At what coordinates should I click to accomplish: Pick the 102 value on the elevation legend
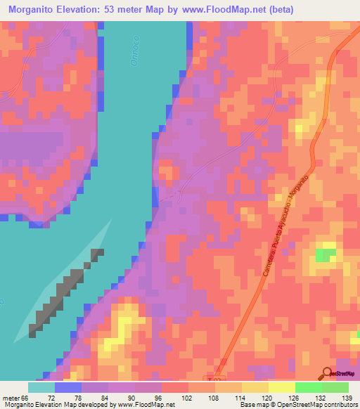[188, 397]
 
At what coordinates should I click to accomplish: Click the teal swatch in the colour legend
[41, 387]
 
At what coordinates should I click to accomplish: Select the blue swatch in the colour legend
[67, 387]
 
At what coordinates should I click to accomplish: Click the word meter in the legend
[12, 397]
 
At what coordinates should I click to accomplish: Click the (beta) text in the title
[279, 10]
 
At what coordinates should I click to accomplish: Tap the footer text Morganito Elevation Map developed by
[56, 405]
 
